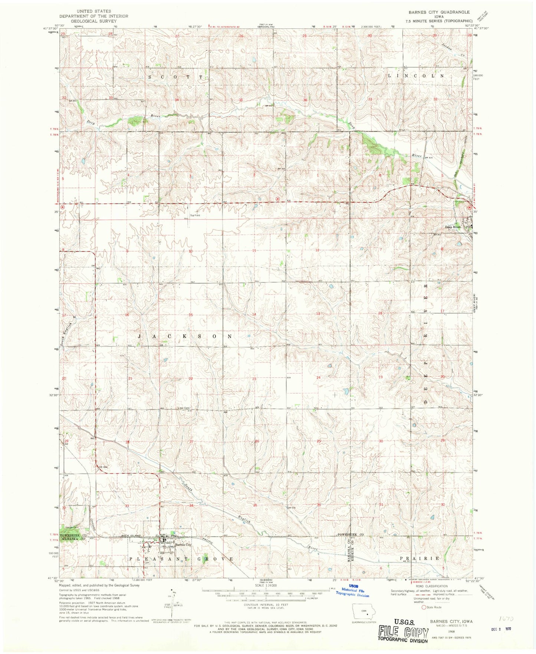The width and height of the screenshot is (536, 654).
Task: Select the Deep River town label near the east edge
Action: pyautogui.click(x=453, y=227)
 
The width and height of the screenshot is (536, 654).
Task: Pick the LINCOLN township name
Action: pyautogui.click(x=415, y=76)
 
